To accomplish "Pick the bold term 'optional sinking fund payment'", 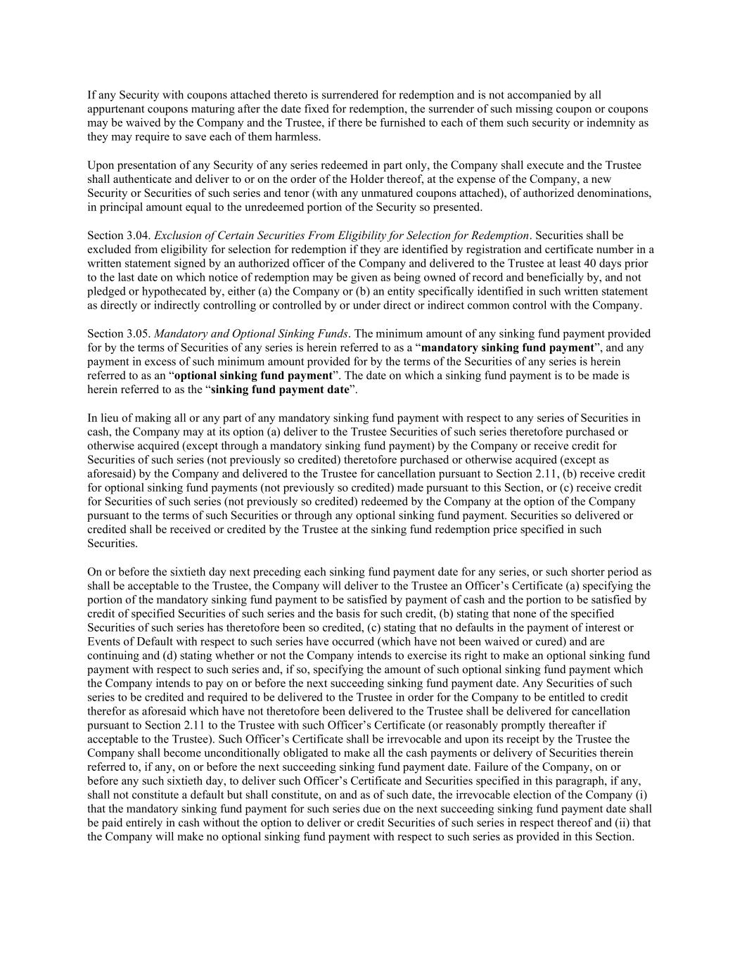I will click(253, 376).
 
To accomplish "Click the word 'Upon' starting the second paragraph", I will click(101, 165).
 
